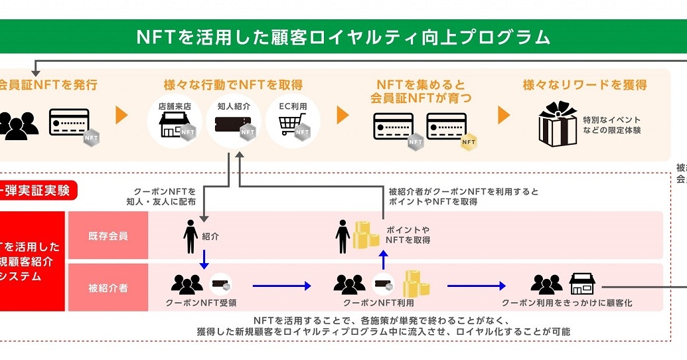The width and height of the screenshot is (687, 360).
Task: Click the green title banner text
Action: [x=343, y=37]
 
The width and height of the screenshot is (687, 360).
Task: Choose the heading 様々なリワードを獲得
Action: [x=585, y=85]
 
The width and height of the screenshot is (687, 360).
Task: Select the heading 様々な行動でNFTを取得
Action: [x=233, y=85]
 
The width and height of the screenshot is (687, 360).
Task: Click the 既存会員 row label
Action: [x=108, y=235]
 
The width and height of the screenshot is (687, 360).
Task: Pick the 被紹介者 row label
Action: [x=108, y=288]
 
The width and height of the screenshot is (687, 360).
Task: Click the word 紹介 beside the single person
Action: [x=210, y=236]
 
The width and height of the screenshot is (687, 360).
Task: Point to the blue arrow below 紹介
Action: [x=204, y=259]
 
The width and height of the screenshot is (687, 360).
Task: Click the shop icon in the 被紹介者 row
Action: [x=582, y=284]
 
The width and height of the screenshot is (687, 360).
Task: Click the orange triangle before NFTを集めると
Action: [x=343, y=115]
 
